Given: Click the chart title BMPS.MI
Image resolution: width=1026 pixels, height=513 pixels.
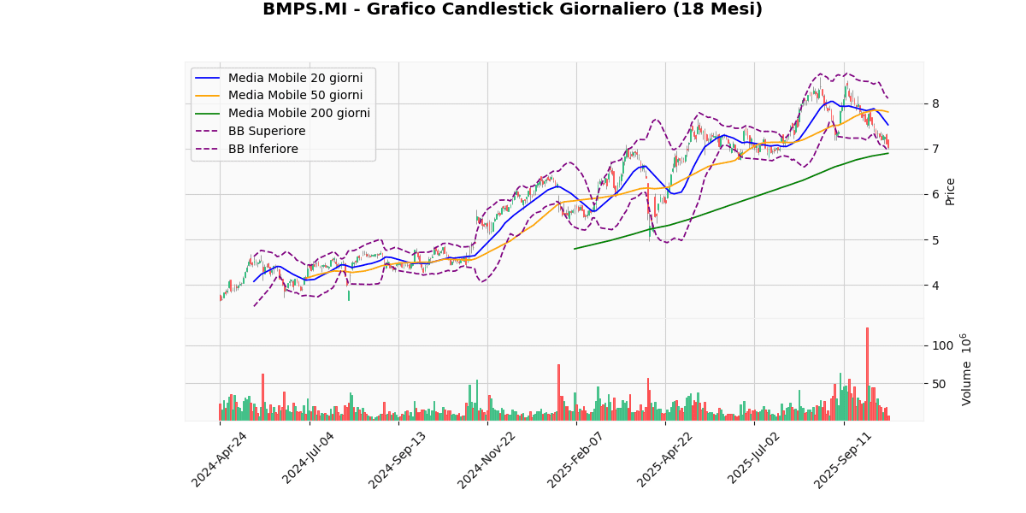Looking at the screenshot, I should click(x=512, y=10).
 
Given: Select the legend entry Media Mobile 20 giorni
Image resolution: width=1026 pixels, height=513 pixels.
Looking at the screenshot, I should click(x=295, y=78).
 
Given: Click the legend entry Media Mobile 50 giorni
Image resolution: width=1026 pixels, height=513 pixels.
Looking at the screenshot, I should click(x=295, y=96).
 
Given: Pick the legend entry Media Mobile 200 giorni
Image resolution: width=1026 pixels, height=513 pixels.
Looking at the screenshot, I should click(x=298, y=114).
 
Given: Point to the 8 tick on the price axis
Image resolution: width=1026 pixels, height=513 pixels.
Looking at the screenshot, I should click(x=935, y=103).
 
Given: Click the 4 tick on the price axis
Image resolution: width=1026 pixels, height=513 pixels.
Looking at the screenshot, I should click(x=935, y=286).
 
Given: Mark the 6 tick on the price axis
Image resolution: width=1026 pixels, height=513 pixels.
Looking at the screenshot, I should click(x=935, y=194).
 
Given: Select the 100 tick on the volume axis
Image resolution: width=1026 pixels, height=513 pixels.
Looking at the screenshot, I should click(x=942, y=345).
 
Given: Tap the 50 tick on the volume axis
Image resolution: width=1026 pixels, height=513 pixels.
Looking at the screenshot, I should click(x=939, y=383).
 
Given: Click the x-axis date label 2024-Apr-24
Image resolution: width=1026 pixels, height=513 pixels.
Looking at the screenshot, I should click(x=220, y=460).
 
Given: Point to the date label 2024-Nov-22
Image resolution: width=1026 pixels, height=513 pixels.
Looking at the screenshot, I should click(x=486, y=460).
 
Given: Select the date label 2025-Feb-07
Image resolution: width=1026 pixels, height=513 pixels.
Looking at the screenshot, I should click(x=576, y=460).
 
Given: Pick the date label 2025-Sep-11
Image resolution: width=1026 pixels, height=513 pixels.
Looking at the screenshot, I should click(x=843, y=460).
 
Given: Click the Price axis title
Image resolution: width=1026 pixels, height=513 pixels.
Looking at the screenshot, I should click(x=951, y=191).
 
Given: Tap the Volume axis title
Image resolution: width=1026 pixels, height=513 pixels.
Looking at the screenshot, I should click(x=967, y=369).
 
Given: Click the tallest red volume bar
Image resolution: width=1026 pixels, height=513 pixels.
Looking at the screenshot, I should click(x=867, y=373).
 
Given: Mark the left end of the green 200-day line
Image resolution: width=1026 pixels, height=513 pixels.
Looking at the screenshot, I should click(x=575, y=249).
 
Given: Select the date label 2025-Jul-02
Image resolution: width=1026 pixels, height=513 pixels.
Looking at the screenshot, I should click(x=754, y=460).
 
